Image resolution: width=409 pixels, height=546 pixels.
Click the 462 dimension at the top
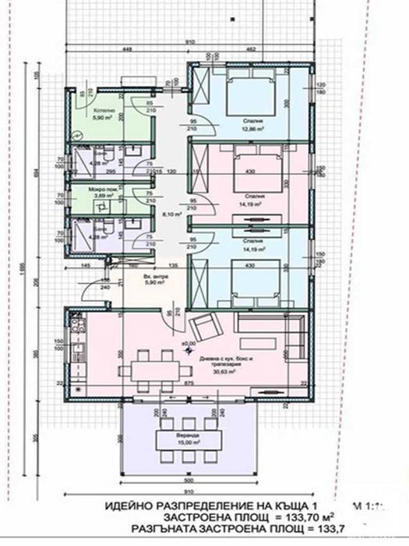click(x=252, y=49)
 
